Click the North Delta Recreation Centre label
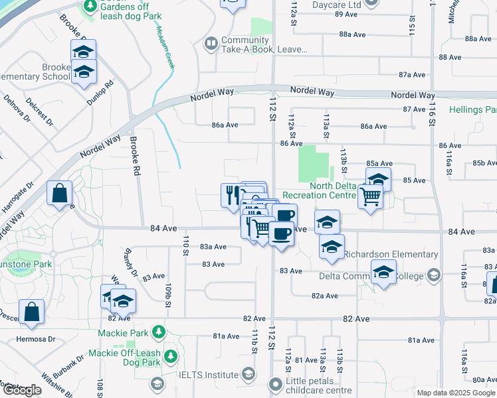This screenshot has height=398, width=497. pyautogui.click(x=318, y=190)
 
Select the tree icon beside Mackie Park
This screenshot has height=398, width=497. pyautogui.click(x=158, y=331)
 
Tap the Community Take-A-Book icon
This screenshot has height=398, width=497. pyautogui.click(x=211, y=44)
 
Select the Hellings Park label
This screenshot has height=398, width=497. pyautogui.click(x=473, y=109)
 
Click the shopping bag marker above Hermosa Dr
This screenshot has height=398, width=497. pyautogui.click(x=31, y=312)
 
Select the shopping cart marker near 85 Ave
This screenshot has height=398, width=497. pyautogui.click(x=370, y=196)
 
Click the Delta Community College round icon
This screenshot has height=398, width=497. pyautogui.click(x=434, y=275)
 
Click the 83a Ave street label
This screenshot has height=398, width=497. pyautogui.click(x=213, y=247)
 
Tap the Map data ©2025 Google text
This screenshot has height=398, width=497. pyautogui.click(x=456, y=393)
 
